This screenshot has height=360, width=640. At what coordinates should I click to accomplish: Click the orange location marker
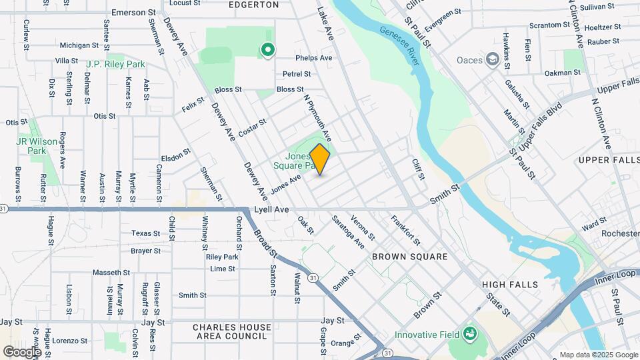(x=320, y=159)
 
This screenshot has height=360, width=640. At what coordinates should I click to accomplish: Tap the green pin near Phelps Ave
(x=267, y=49)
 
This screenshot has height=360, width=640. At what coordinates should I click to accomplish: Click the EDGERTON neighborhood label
(x=254, y=5)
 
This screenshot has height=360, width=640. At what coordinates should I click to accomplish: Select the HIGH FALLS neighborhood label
(x=510, y=285)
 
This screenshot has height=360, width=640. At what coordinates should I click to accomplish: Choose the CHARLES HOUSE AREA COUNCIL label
(x=232, y=331)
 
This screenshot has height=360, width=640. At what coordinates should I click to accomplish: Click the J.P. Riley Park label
(x=115, y=65)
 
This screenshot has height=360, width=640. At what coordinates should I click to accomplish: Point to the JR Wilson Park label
(x=31, y=146)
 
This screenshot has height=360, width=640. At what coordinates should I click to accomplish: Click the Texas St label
(x=146, y=233)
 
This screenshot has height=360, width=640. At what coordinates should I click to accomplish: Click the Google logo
(x=22, y=351)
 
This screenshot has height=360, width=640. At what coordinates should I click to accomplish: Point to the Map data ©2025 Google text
(x=597, y=355)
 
